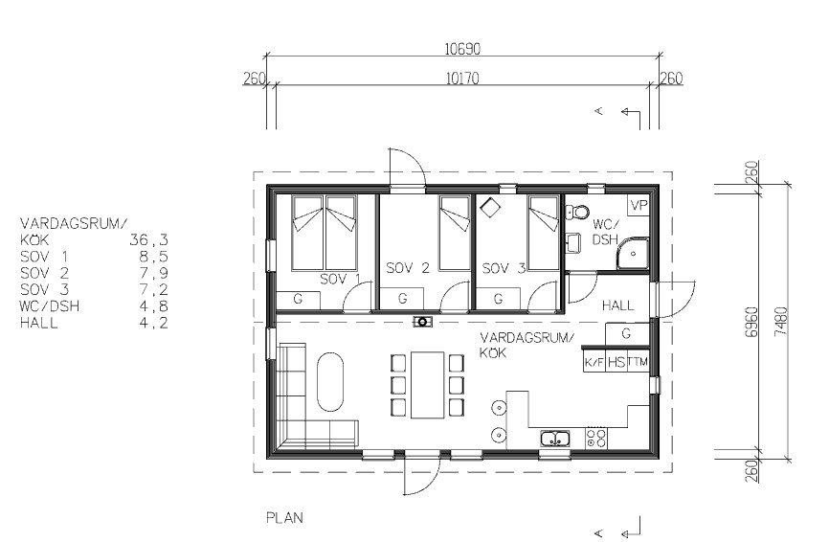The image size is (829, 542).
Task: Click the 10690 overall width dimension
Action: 462,49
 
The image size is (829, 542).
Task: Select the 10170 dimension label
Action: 462,79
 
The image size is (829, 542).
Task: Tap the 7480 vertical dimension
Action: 781,322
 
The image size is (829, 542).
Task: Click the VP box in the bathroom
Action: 639,205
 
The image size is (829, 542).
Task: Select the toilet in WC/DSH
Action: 577,213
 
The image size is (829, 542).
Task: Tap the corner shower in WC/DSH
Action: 633,254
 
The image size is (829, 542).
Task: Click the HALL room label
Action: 617,305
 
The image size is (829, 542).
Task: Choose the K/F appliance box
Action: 594,362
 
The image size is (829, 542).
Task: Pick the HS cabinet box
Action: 616,362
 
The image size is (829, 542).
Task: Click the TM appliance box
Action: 639,362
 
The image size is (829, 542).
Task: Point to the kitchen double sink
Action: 554,439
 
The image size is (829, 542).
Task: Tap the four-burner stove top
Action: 596,438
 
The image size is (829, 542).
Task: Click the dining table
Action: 427,385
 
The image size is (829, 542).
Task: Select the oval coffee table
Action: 330,381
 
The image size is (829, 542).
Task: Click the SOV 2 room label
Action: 407,267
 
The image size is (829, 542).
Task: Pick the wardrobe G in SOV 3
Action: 498,299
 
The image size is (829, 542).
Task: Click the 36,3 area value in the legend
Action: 148,240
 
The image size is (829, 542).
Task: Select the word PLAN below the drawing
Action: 284,518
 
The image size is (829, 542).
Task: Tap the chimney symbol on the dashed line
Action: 422,322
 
